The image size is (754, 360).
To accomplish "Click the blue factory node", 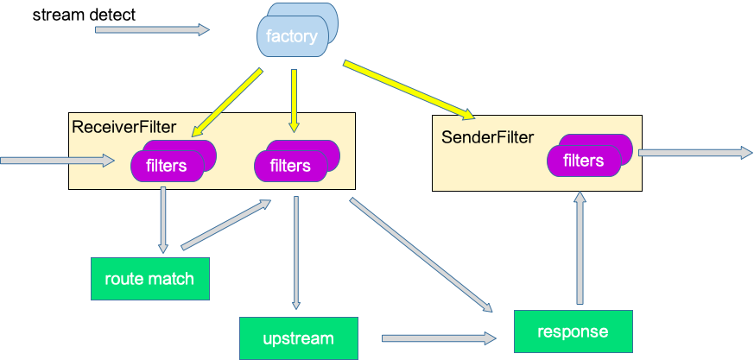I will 292,36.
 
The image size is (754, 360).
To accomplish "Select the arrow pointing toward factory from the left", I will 151,29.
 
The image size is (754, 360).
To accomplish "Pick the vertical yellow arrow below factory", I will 294,100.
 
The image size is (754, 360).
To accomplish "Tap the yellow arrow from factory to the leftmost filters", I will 227,103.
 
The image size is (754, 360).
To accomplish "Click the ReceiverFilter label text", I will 124,128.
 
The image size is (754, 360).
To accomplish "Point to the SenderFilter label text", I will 487,136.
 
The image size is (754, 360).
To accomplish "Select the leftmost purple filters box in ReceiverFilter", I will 167,165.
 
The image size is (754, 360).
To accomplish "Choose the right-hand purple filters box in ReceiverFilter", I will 290,165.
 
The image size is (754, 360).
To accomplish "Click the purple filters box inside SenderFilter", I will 584,161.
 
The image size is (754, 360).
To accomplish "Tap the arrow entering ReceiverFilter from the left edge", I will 57,161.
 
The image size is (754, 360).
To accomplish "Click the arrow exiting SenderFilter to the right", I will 694,153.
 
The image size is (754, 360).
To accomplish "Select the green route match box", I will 149,279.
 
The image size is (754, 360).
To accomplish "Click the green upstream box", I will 298,338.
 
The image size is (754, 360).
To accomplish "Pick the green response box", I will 573,332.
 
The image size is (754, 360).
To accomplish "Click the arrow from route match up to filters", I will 225,226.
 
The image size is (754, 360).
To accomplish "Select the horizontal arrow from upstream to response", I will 439,338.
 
